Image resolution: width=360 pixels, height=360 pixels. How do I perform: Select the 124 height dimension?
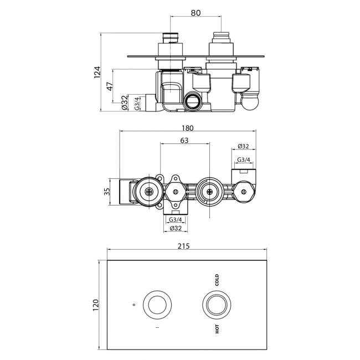(97, 71)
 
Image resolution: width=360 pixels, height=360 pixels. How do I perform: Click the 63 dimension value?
(184, 141)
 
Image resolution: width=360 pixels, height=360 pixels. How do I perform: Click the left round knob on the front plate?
(155, 304)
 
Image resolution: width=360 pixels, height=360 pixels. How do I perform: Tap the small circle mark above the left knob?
(134, 304)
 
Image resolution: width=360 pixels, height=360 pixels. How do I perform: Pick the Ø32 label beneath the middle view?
(176, 228)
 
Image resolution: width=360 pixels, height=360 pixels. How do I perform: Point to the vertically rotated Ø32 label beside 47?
(125, 102)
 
